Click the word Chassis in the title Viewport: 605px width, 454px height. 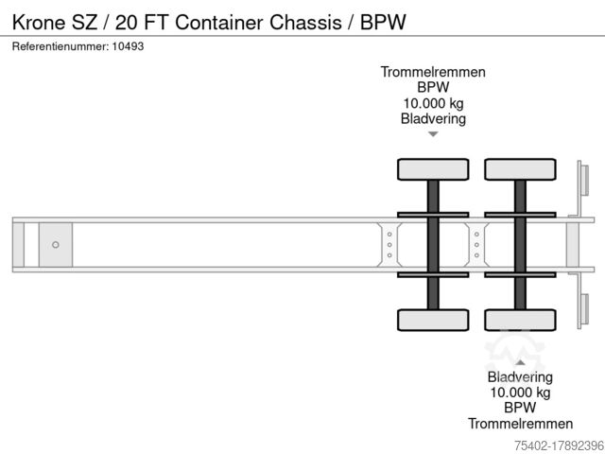point(311,20)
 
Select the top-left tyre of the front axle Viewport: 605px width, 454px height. point(432,169)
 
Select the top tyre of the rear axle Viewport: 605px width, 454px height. point(520,169)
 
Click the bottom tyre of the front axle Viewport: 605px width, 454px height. point(432,320)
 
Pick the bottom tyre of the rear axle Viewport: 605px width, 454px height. point(520,320)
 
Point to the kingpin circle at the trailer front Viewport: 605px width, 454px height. point(56,245)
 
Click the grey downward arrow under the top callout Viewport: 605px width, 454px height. point(433,135)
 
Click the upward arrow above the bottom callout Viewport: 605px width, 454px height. point(519,360)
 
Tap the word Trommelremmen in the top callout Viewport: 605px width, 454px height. point(433,72)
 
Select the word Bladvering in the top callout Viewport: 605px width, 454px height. point(433,119)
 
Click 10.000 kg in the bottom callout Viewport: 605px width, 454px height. point(519,393)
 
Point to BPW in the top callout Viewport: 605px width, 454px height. point(433,88)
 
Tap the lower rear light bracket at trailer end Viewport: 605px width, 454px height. point(583,310)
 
